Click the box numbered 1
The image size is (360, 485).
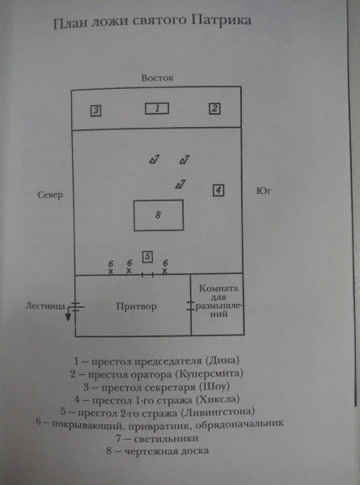point(157,108)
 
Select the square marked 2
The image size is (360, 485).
point(214,108)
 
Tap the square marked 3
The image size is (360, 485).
point(96,111)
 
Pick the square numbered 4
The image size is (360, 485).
point(218,190)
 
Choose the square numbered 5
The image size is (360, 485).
point(148,257)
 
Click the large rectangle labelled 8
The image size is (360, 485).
point(159,215)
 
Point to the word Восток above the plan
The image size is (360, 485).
point(157,78)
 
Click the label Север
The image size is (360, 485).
point(50,195)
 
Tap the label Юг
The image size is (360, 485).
point(264,192)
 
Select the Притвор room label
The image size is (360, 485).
point(137,306)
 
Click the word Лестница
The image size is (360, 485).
point(45,306)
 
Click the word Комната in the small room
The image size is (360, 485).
point(218,289)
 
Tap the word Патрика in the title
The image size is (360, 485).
point(221,21)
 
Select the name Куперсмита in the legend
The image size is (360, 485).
point(210,374)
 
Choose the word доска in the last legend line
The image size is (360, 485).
point(194,451)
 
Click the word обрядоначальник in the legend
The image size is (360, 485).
point(239,424)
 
